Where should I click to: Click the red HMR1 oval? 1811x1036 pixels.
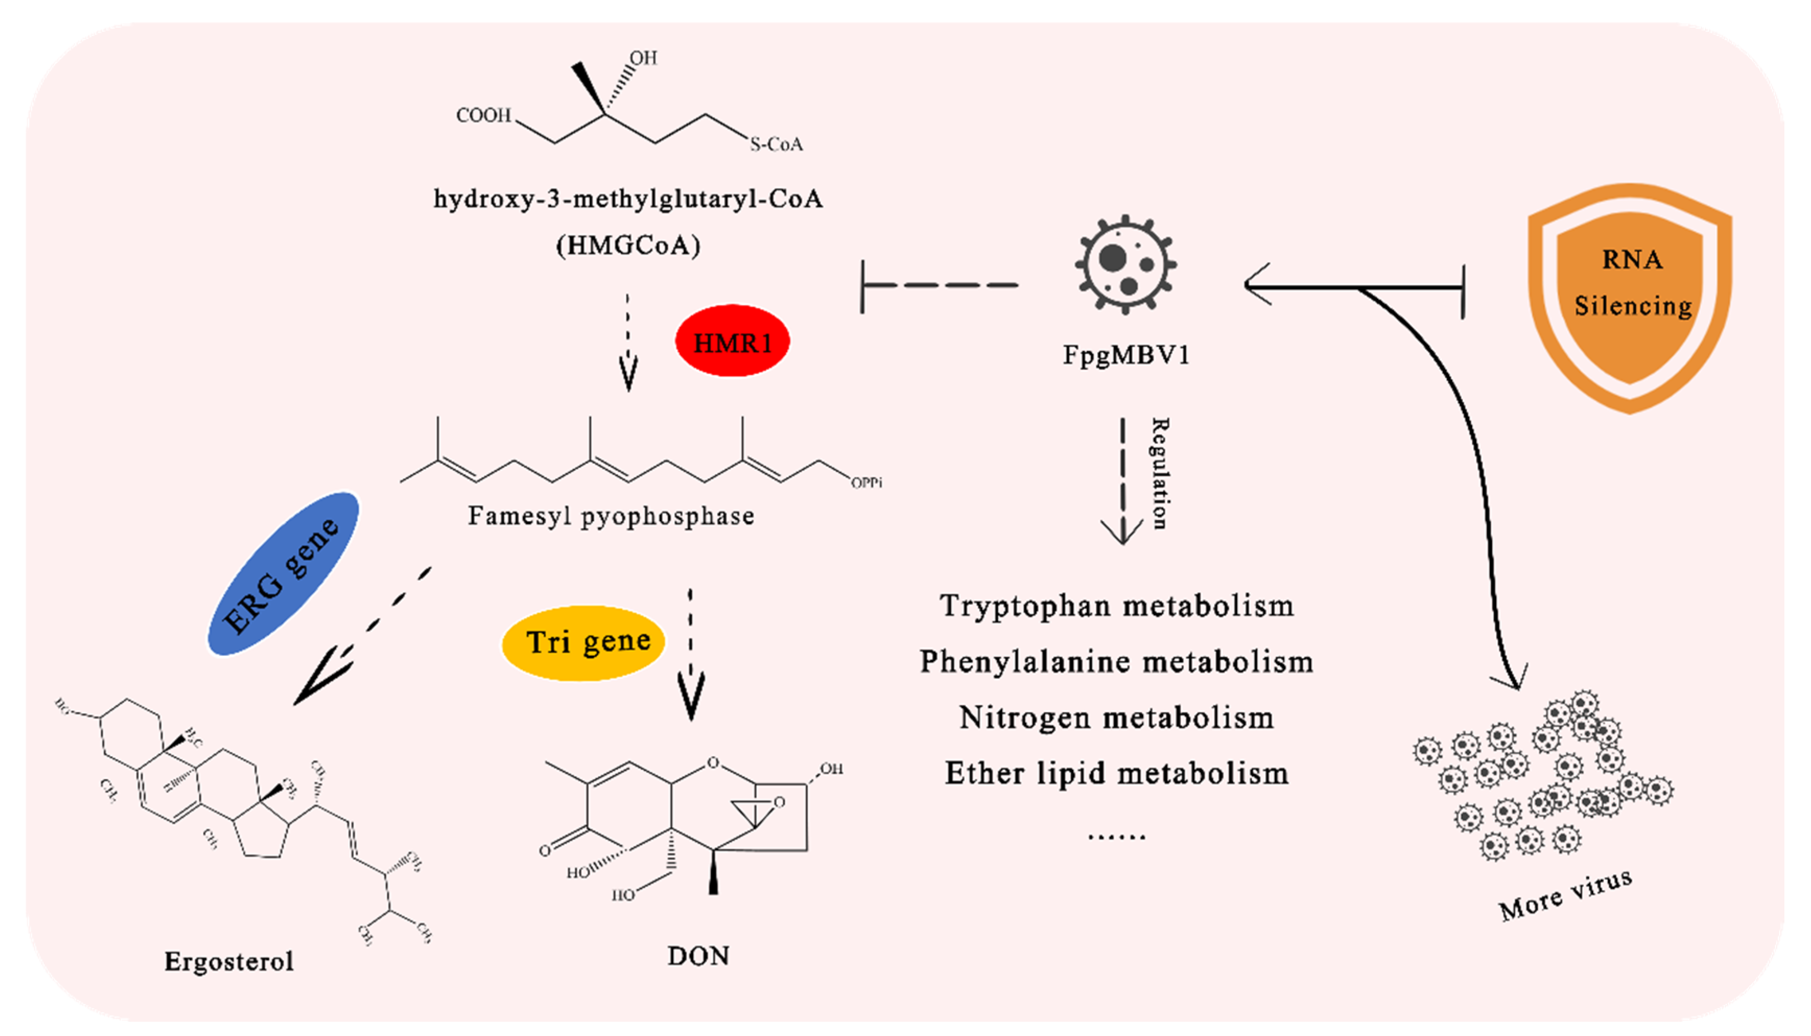point(732,342)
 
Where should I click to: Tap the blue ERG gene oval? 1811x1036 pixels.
point(283,573)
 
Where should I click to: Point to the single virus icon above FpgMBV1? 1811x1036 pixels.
point(1126,264)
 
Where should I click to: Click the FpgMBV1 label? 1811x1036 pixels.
point(1126,355)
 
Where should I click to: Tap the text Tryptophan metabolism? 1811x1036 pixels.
point(1116,606)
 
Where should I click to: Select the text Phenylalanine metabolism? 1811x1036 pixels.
point(1116,662)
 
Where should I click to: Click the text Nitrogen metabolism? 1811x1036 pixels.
point(1116,717)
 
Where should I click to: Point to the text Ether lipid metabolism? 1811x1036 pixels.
point(1116,773)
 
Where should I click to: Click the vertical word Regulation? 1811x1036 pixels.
point(1159,474)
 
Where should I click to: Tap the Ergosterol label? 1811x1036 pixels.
point(229,961)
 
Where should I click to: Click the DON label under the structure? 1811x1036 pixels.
point(698,956)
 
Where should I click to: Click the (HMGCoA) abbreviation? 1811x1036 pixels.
point(628,245)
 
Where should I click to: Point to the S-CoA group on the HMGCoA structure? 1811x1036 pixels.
point(776,145)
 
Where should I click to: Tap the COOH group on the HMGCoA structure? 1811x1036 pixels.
point(484,115)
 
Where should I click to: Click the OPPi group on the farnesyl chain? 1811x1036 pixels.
point(867,482)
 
